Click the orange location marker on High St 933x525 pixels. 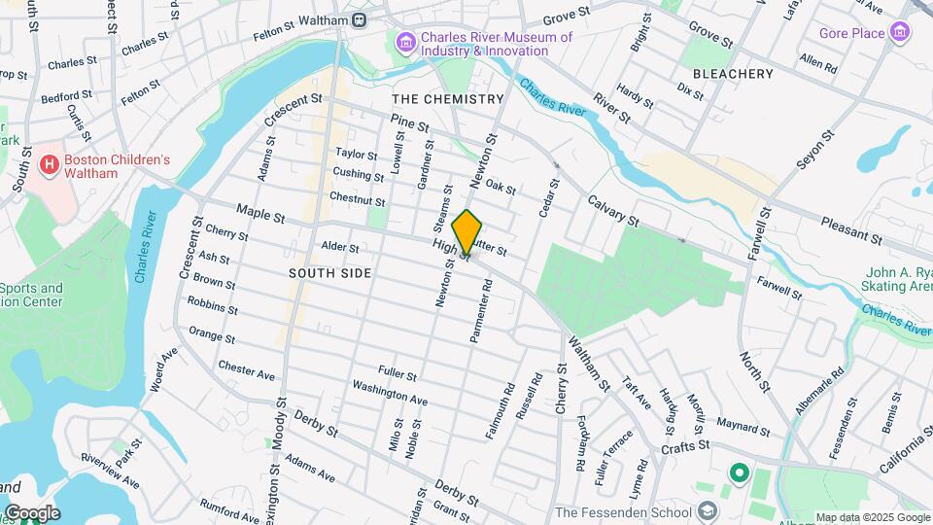[x=467, y=231]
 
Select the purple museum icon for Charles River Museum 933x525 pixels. [x=405, y=43]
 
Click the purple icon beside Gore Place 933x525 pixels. [x=901, y=33]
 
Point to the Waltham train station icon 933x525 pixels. [x=360, y=18]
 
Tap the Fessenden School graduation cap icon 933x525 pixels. [x=708, y=512]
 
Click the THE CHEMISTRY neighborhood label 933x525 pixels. [x=448, y=99]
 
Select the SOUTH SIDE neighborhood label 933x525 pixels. [x=329, y=273]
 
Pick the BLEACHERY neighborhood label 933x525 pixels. [x=733, y=74]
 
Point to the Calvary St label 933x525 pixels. [x=612, y=211]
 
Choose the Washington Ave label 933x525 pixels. [x=390, y=393]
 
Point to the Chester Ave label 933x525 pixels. [x=247, y=369]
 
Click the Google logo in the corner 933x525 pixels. [x=31, y=512]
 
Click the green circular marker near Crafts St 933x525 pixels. [x=738, y=473]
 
